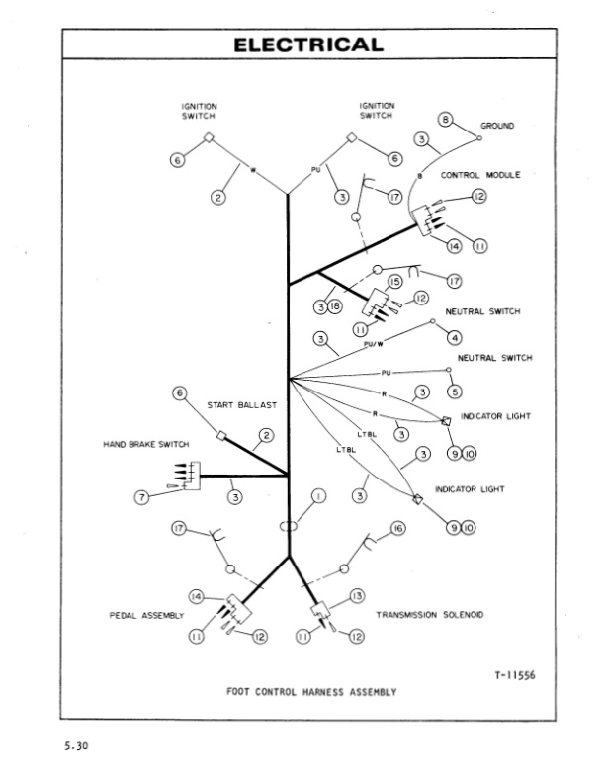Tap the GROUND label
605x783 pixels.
[x=497, y=127]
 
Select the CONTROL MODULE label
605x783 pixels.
[x=480, y=175]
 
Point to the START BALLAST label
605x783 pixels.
[x=241, y=405]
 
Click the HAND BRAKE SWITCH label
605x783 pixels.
[x=146, y=445]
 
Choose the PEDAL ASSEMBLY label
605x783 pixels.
[x=146, y=615]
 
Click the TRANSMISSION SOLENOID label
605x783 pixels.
[x=430, y=615]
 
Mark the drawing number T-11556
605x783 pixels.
[x=516, y=675]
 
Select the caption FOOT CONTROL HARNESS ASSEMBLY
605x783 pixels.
[x=311, y=692]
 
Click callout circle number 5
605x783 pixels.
[x=455, y=392]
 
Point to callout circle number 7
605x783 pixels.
[x=142, y=496]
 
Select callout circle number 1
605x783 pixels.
[x=318, y=495]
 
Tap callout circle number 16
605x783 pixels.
[x=398, y=529]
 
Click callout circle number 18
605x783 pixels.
[x=334, y=307]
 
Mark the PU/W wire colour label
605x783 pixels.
[x=374, y=345]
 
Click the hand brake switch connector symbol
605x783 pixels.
[x=188, y=475]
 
